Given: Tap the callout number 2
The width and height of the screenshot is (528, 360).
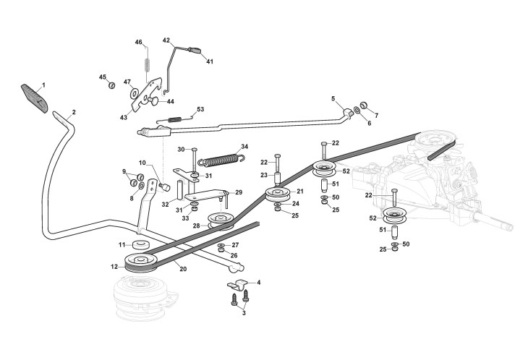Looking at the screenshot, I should (73, 113).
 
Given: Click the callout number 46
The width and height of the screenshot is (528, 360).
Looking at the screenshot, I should (138, 43).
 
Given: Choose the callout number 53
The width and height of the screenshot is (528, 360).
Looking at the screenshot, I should (200, 109).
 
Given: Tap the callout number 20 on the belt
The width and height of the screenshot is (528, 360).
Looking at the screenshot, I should (183, 268).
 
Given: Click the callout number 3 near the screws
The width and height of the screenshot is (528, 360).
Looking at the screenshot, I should (244, 316).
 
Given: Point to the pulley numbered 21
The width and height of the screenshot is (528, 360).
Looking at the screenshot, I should (277, 195).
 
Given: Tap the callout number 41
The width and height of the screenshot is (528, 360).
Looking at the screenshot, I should (210, 62).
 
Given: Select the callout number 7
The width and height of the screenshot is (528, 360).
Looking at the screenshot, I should (375, 115).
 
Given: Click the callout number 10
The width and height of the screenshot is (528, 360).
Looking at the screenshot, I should (142, 163).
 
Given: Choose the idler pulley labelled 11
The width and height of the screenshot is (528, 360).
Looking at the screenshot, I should (142, 246).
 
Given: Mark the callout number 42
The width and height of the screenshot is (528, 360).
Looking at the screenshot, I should (166, 40).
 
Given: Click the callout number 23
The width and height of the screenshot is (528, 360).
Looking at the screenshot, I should (265, 174).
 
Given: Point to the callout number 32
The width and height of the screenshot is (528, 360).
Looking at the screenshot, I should (165, 205).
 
